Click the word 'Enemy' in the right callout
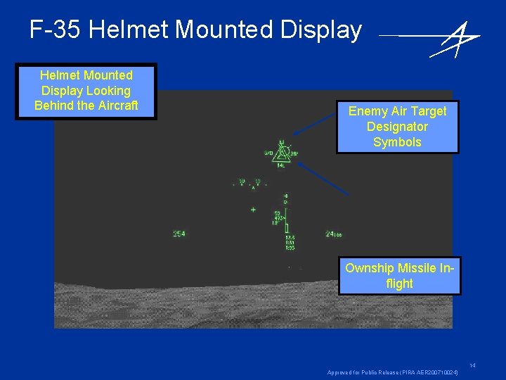[368, 111]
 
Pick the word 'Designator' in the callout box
[397, 127]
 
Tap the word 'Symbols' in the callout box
[397, 142]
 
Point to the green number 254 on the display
[179, 234]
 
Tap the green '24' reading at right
[331, 234]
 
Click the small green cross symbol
[253, 209]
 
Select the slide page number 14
[473, 365]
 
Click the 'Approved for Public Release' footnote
[393, 372]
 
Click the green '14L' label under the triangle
[280, 166]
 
